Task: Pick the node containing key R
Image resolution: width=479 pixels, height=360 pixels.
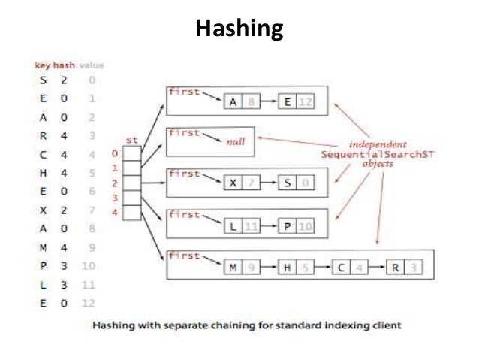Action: pos(403,266)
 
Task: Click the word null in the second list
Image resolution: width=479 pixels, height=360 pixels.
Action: pos(236,140)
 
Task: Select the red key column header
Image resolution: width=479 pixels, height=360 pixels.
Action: pos(42,65)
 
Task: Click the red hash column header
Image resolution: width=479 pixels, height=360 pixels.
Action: pos(61,65)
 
